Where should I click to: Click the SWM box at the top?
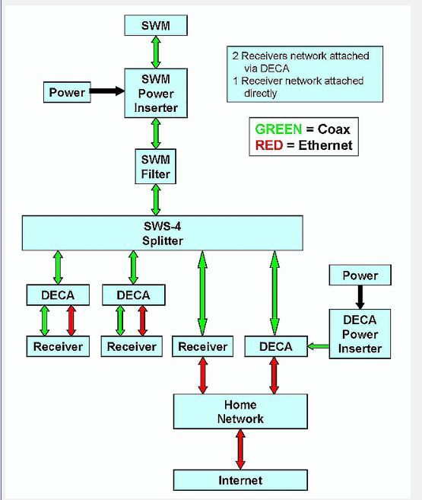click(x=156, y=25)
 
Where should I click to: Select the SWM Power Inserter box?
click(x=156, y=93)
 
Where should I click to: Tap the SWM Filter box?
click(x=155, y=166)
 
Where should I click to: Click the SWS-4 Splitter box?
click(x=163, y=233)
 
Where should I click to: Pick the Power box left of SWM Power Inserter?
click(x=67, y=92)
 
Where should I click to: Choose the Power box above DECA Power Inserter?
click(x=360, y=275)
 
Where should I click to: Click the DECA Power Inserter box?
click(x=360, y=334)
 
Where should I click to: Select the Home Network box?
click(x=240, y=412)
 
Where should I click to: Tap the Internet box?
click(x=240, y=480)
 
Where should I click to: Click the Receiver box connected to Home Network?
click(x=202, y=346)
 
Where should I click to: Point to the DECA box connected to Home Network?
click(x=276, y=346)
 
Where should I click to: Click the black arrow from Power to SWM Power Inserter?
click(x=107, y=91)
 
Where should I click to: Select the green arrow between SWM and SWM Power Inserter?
click(x=156, y=52)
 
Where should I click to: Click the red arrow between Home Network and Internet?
click(x=240, y=449)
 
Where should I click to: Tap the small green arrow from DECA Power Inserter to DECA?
click(x=318, y=346)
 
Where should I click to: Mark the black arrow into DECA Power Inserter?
click(x=360, y=297)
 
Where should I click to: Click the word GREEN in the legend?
click(x=278, y=129)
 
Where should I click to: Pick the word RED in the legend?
click(x=269, y=145)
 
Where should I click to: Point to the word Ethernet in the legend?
click(x=325, y=145)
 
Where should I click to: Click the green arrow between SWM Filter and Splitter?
click(x=156, y=200)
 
